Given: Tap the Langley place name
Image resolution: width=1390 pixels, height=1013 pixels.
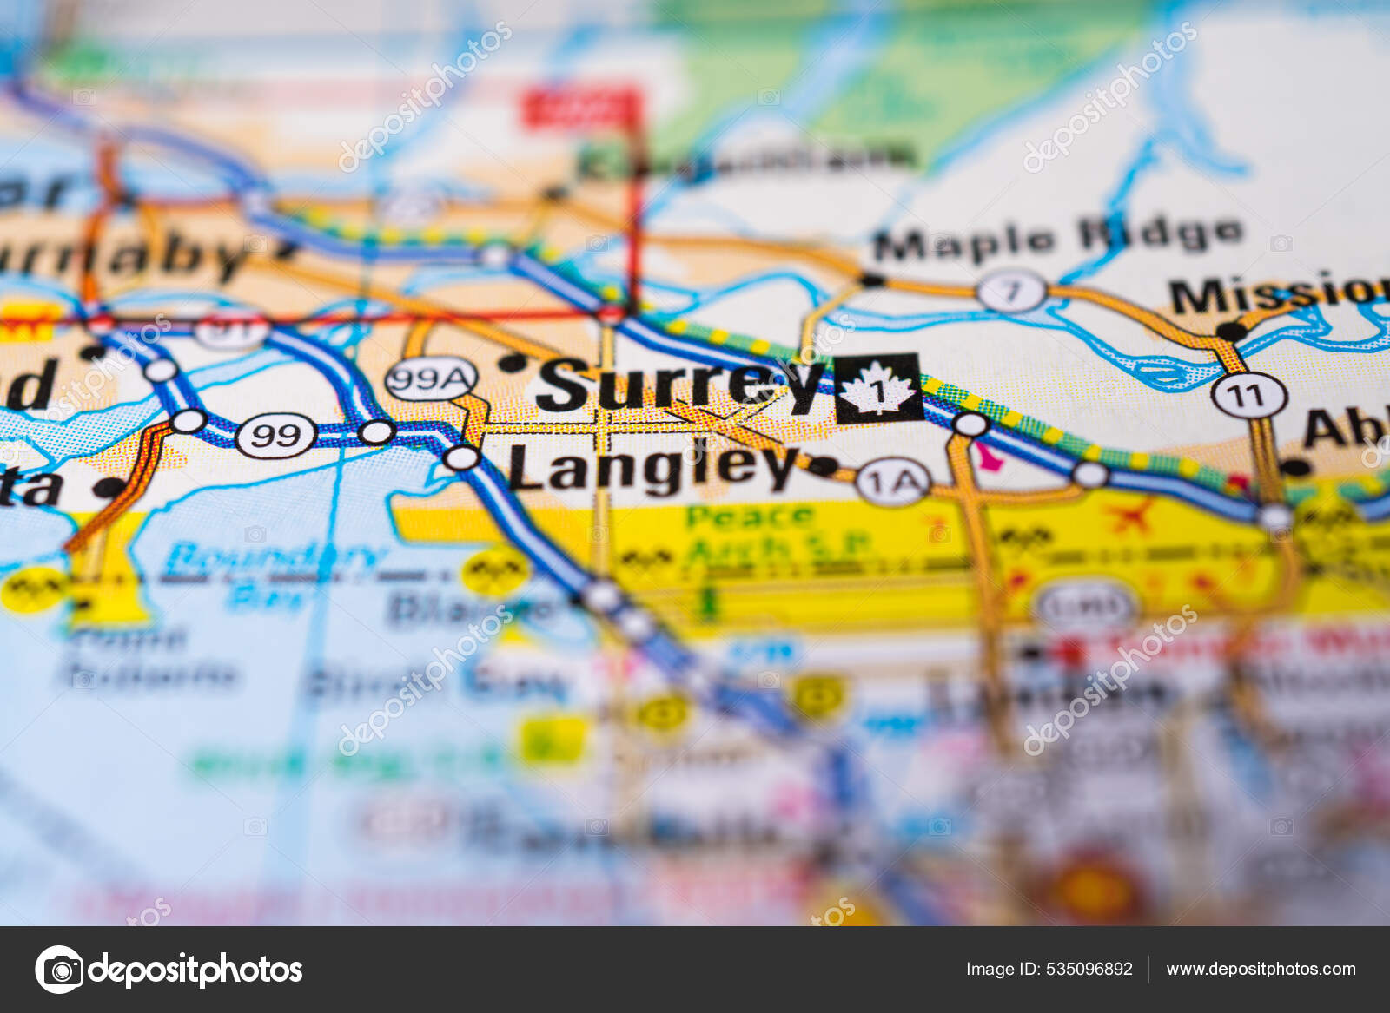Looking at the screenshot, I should point(652,469).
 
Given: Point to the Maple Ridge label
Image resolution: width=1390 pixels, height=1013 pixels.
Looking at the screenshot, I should point(1056,238).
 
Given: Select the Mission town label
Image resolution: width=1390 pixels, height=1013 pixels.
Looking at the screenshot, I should point(1277,295).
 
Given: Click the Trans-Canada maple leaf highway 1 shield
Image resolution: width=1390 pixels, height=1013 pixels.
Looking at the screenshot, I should point(878,389).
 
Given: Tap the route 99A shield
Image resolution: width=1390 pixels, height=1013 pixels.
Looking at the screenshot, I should point(431,379).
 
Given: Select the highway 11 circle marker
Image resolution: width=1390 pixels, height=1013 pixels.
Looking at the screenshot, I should point(1248,396).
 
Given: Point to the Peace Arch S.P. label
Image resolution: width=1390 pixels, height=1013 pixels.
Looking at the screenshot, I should point(764,532).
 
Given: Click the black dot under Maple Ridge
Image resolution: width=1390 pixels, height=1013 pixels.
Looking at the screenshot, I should point(871,280).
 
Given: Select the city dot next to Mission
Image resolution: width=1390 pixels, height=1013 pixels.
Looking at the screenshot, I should point(1230,331).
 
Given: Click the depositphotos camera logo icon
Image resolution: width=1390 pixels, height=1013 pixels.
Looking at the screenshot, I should point(59,970).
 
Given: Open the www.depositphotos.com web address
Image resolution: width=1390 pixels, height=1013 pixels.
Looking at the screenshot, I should point(1261,970).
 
